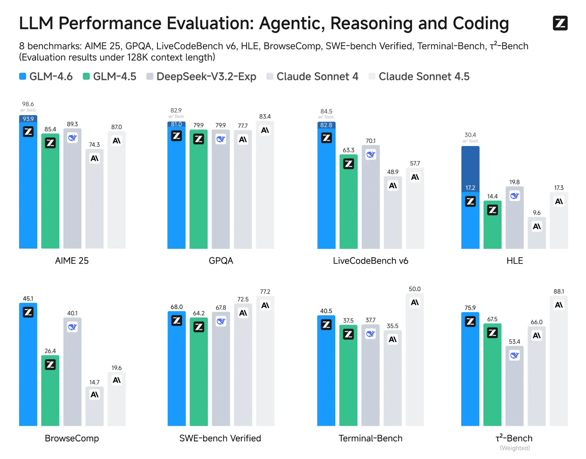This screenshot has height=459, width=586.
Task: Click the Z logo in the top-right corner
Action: [x=560, y=23]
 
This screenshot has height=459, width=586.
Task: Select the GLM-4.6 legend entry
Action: [x=46, y=77]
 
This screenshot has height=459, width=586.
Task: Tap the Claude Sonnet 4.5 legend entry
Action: [x=419, y=77]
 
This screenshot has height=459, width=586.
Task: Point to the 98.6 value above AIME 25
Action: [x=28, y=104]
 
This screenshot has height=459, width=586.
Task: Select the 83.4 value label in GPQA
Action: [x=265, y=116]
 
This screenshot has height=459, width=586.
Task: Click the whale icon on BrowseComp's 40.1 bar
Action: [x=72, y=327]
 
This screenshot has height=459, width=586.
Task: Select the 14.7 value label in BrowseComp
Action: [x=94, y=382]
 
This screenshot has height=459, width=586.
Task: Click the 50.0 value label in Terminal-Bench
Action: [x=415, y=289]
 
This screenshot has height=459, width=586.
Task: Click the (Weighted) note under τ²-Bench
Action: [x=514, y=448]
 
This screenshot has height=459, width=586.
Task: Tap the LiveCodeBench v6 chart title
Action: [x=370, y=260]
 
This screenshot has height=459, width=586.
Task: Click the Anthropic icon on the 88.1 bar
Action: [x=558, y=305]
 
